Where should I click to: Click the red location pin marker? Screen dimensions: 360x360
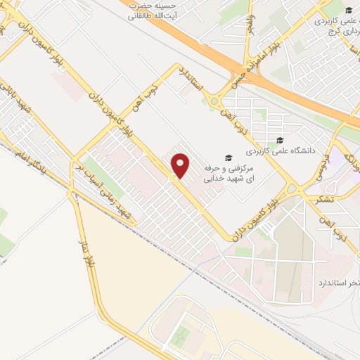(x=181, y=165)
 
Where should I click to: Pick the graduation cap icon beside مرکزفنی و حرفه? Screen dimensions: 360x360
(x=227, y=158)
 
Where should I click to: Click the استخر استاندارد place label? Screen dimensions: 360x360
(x=330, y=282)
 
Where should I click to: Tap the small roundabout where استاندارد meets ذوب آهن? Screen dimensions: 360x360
(x=212, y=102)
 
